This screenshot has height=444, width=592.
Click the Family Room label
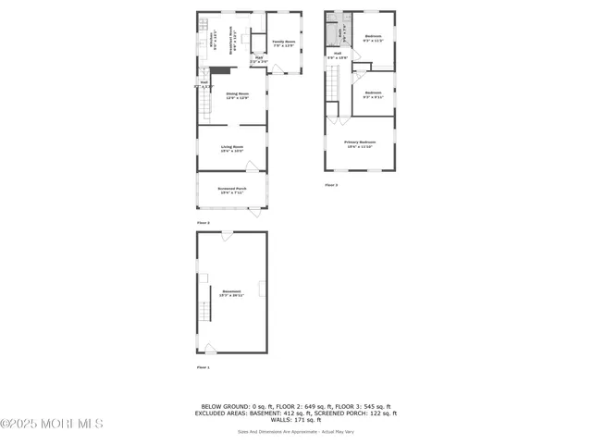click(x=283, y=43)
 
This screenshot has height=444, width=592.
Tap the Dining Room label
click(x=237, y=97)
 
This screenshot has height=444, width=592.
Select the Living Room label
click(x=231, y=148)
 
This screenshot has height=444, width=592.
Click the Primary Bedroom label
click(x=360, y=142)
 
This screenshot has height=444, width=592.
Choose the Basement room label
click(x=231, y=293)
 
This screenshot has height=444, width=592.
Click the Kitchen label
click(x=213, y=39)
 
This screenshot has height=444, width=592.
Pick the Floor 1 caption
click(x=203, y=367)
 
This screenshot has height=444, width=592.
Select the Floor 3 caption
click(x=331, y=185)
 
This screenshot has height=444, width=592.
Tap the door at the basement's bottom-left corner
click(x=210, y=348)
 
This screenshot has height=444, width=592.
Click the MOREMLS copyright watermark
click(x=52, y=424)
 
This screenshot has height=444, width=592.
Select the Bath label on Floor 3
click(x=341, y=31)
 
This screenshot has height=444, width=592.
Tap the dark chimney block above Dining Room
click(x=219, y=69)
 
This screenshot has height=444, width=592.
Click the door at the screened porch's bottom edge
click(x=254, y=213)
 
